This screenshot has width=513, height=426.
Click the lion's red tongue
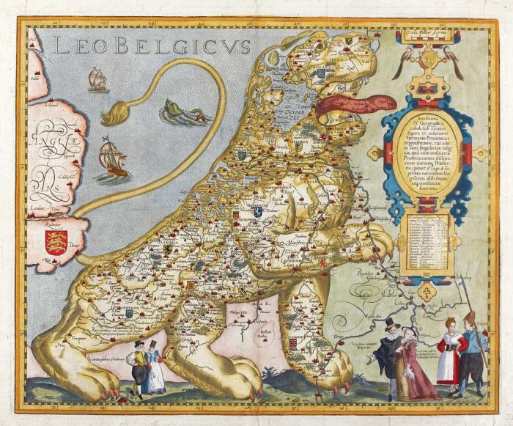(352, 103)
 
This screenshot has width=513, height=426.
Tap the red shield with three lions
(56, 241)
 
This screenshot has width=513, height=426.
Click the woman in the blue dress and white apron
(154, 368)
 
